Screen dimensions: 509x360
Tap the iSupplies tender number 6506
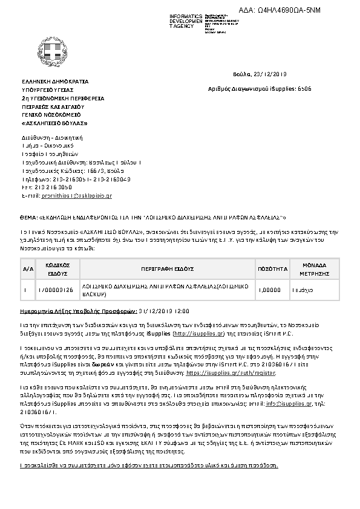click(x=305, y=88)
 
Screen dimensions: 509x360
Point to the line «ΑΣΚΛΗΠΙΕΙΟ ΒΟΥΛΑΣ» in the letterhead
click(x=54, y=123)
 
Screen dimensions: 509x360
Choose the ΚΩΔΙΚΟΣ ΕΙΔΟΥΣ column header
click(x=59, y=269)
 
